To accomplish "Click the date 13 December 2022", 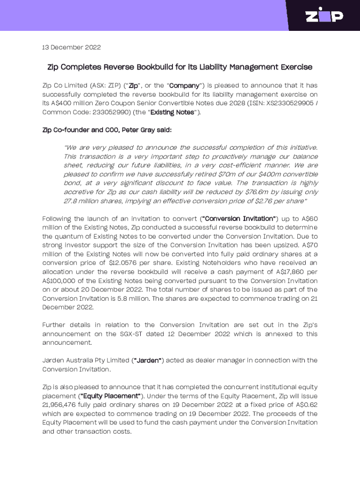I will [72, 47].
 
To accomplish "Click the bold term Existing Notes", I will [172, 112].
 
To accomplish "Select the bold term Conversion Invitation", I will [238, 218].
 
